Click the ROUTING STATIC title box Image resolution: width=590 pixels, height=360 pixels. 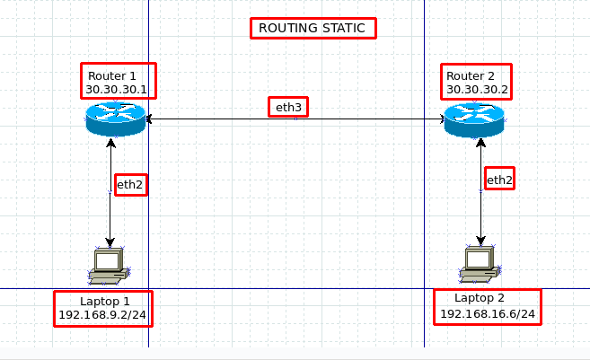312,28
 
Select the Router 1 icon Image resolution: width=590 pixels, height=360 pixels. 115,119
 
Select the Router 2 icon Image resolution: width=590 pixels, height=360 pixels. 473,119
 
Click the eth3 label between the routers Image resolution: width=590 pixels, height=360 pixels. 289,108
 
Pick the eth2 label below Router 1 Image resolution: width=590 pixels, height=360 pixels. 129,185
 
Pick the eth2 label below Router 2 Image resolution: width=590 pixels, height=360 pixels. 499,180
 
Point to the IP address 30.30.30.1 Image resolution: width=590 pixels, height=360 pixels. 117,90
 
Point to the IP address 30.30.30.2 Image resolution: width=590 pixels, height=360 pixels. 477,90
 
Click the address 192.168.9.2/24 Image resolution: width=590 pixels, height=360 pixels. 102,315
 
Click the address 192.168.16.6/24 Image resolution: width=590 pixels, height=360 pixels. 488,314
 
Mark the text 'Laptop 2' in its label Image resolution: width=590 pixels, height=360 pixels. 480,298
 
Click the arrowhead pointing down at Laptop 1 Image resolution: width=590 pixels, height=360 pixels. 110,242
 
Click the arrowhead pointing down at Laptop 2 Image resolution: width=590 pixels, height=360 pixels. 481,241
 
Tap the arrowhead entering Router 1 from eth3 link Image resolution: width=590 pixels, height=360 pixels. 150,119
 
